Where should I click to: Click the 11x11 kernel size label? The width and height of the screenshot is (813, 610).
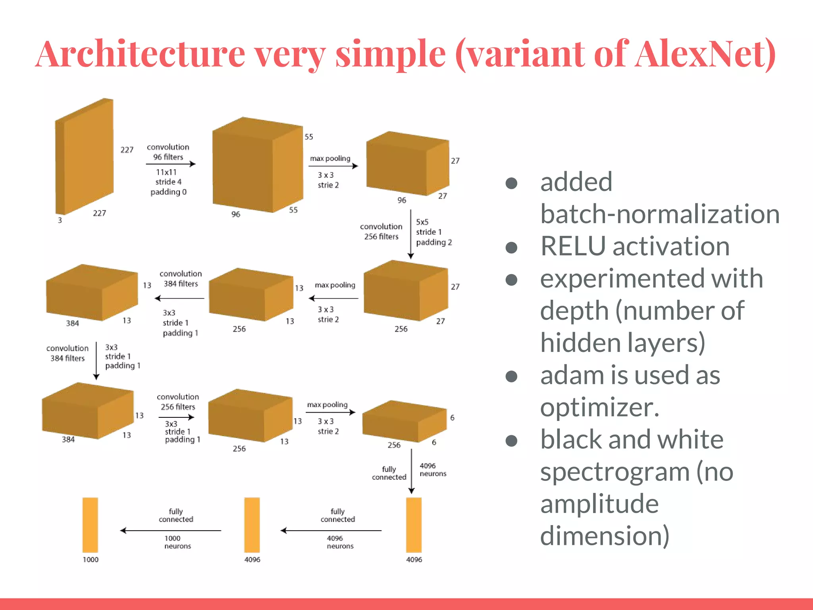[166, 172]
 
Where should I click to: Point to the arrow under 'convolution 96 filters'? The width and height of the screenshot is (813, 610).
[171, 164]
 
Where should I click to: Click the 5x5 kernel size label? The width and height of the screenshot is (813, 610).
[422, 222]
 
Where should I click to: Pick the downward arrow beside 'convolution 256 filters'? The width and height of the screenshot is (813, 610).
[411, 234]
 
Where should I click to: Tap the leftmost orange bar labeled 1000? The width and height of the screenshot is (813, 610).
[91, 525]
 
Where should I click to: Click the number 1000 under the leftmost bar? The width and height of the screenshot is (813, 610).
[91, 560]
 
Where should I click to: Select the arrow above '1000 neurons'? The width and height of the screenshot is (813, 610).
[171, 531]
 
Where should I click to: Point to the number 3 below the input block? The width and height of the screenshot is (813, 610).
[60, 220]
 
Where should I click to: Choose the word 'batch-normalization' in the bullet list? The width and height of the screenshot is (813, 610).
[659, 214]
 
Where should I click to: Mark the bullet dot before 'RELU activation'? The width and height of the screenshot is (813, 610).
[511, 247]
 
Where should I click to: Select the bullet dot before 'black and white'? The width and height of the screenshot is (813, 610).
[511, 440]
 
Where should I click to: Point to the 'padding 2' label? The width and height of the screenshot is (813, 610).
[434, 242]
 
